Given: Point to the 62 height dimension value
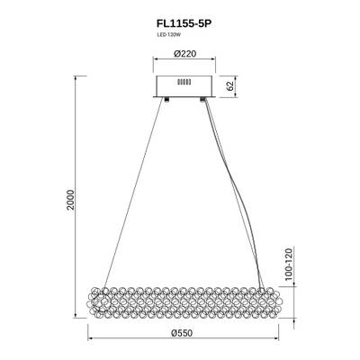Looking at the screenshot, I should point(230,87).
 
